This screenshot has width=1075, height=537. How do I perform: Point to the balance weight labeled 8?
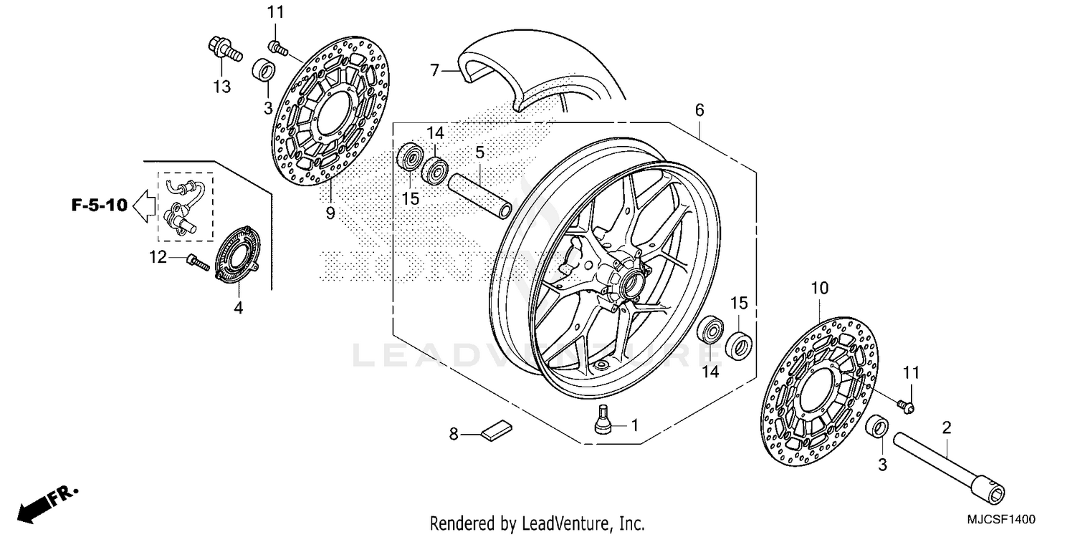pos(496,430)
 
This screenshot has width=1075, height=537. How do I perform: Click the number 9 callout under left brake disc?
pos(330,213)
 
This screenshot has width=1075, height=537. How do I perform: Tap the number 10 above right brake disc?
pos(820,288)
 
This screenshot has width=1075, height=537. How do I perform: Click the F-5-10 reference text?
pos(99,206)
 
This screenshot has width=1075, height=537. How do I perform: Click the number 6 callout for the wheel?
pos(699,110)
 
